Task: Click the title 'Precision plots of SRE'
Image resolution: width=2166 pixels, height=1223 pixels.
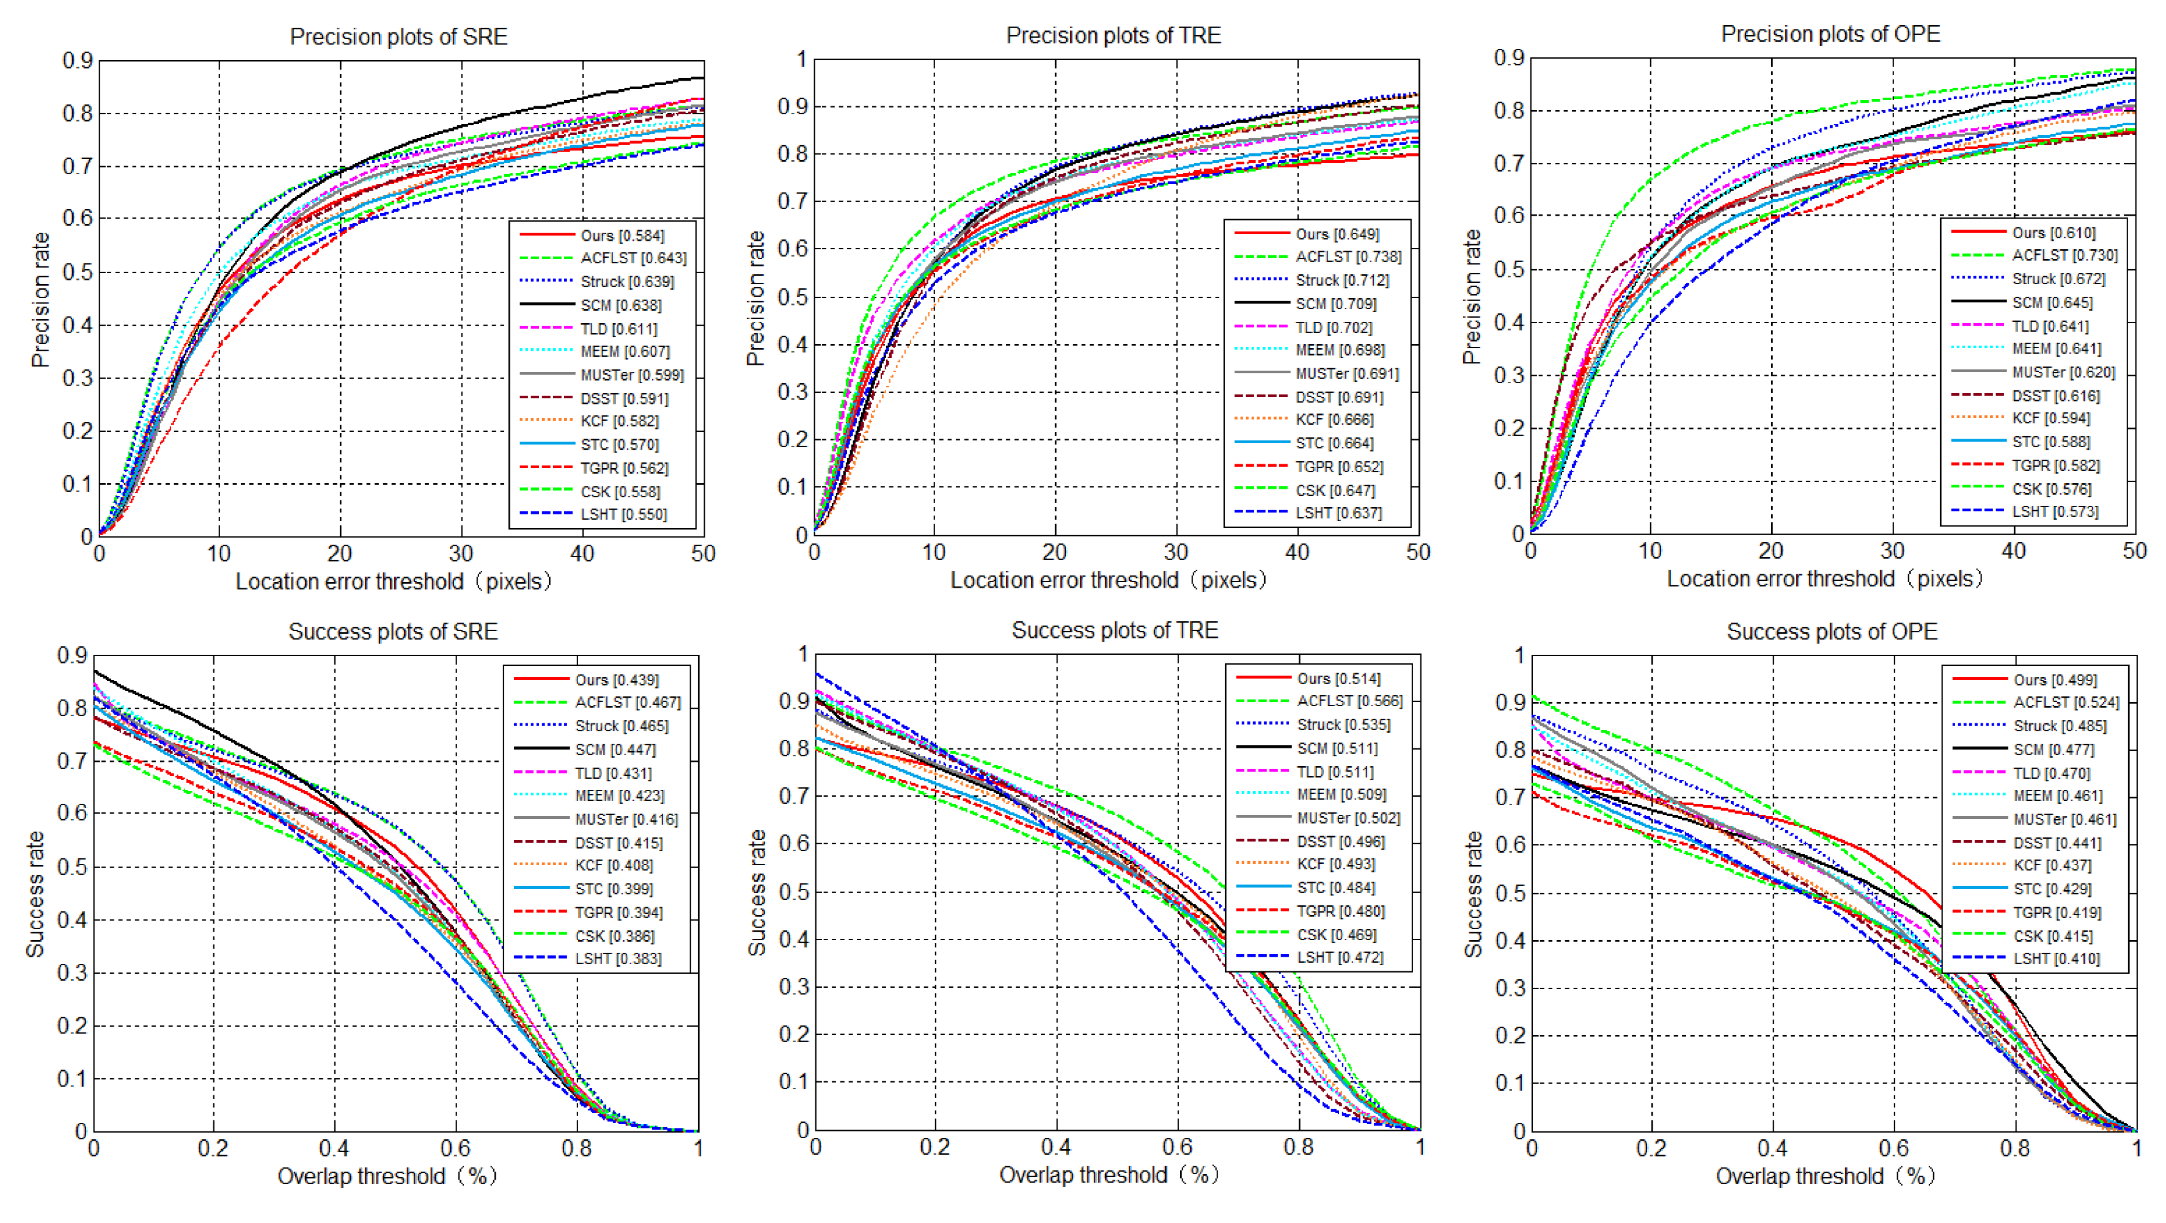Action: pyautogui.click(x=398, y=37)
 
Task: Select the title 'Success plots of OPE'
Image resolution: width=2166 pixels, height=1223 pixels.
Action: pyautogui.click(x=1832, y=632)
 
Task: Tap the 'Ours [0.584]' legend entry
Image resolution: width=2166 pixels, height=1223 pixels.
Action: pyautogui.click(x=593, y=235)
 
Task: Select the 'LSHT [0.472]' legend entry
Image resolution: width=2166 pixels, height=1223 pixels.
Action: pyautogui.click(x=1310, y=957)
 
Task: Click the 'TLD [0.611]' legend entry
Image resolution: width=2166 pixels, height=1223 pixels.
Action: pyautogui.click(x=589, y=329)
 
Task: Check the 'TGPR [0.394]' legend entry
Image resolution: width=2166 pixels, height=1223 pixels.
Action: pyautogui.click(x=589, y=913)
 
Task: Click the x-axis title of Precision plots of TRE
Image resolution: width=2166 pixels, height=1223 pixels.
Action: pyautogui.click(x=1108, y=580)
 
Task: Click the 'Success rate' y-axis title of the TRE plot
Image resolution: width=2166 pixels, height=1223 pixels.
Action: pyautogui.click(x=757, y=893)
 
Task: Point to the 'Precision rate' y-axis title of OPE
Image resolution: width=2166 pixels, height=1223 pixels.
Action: pyautogui.click(x=1472, y=297)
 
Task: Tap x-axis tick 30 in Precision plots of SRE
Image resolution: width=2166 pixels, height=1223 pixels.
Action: pyautogui.click(x=461, y=554)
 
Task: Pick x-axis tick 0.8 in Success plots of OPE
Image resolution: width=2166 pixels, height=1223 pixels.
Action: pyautogui.click(x=2016, y=1148)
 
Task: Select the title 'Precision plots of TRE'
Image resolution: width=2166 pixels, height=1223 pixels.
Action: pyautogui.click(x=1114, y=35)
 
